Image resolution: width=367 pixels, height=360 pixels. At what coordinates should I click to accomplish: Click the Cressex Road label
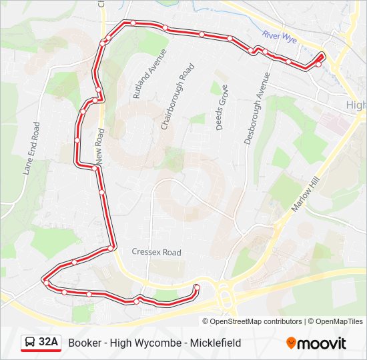pos(157,253)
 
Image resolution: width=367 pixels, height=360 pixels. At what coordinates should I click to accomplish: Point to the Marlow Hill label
pos(306,190)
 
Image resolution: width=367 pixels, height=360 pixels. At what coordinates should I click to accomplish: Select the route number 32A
pos(49,343)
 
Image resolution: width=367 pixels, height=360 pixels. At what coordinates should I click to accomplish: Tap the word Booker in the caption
pos(83,343)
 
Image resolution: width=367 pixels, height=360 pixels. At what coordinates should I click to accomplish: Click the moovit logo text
pos(322,343)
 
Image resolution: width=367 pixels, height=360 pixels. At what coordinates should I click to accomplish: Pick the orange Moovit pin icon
pos(292,343)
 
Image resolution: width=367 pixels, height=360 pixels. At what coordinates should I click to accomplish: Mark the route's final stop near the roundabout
pos(196,288)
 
